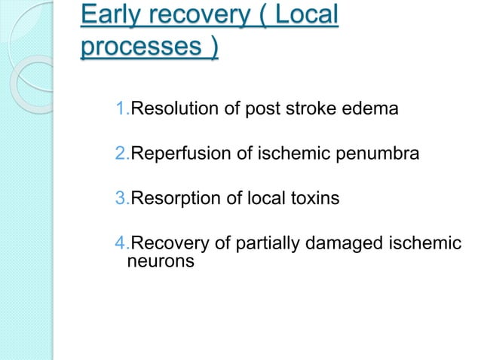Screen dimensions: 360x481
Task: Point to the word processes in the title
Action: pos(136,48)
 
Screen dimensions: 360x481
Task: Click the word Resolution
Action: pos(170,111)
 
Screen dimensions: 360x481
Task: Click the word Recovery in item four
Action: pos(164,243)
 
